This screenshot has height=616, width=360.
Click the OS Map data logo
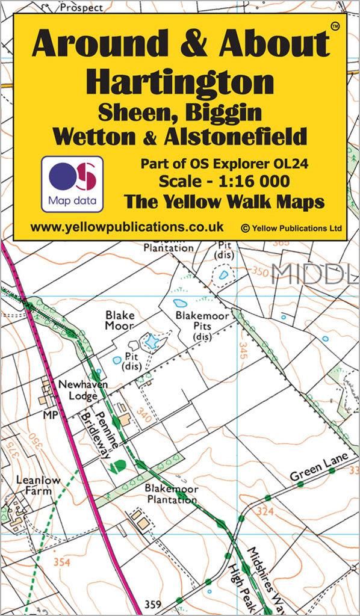[x=72, y=183]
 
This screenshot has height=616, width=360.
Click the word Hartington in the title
[x=179, y=82]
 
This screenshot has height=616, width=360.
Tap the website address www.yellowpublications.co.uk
[x=126, y=227]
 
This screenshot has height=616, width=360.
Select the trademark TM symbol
[x=335, y=25]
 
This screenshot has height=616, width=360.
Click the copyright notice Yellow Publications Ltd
[x=291, y=229]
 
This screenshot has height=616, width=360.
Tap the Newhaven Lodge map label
[x=78, y=390]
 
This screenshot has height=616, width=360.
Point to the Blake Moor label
[x=120, y=320]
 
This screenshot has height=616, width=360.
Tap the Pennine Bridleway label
[x=93, y=428]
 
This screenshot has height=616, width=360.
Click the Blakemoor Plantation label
[x=170, y=494]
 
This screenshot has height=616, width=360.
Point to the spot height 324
[x=264, y=512]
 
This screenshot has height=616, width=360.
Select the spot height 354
[x=61, y=562]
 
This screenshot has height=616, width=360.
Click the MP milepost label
[x=49, y=414]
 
